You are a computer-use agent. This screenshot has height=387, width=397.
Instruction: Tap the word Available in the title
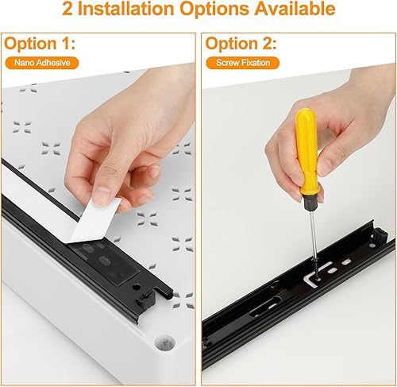click(295, 9)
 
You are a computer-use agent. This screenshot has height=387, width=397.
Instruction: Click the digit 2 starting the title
click(67, 9)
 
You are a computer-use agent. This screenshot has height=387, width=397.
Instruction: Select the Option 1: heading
click(40, 43)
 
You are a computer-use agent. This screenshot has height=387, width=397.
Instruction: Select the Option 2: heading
click(241, 43)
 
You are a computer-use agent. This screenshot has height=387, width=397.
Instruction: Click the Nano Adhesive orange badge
click(42, 63)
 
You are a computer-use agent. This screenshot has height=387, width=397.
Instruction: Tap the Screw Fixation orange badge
click(243, 63)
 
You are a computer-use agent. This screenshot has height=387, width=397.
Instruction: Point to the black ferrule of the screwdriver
click(310, 203)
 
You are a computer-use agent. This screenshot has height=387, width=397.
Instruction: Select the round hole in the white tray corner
click(164, 343)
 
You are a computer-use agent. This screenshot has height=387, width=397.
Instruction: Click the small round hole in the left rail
click(137, 287)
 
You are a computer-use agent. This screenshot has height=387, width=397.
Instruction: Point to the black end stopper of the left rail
click(145, 300)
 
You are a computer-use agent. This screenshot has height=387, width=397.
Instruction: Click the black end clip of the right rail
click(380, 236)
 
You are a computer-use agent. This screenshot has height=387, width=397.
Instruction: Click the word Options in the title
click(214, 9)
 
